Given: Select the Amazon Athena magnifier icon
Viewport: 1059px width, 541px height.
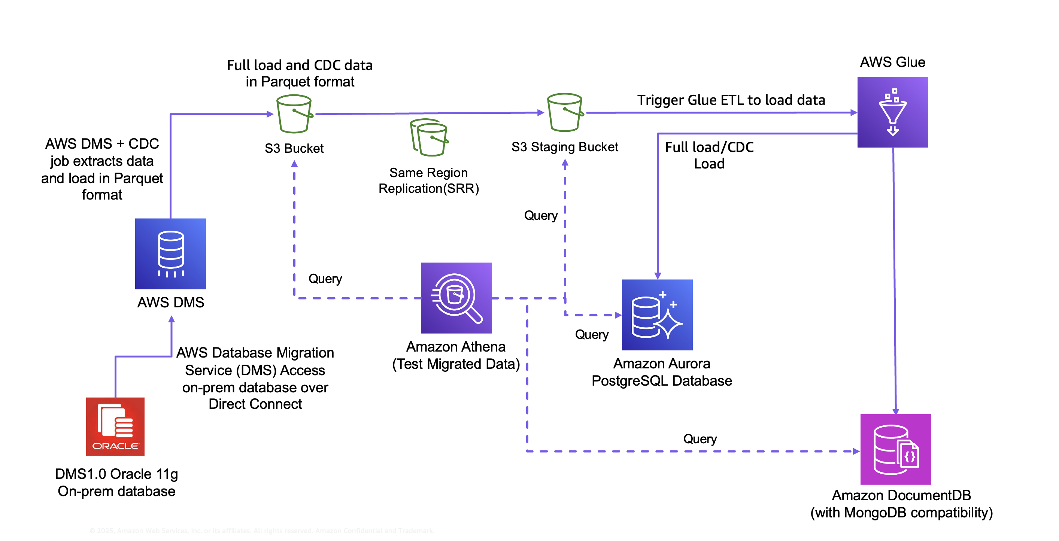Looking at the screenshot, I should [456, 298].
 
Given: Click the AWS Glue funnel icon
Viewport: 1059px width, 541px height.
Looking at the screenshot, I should [892, 112].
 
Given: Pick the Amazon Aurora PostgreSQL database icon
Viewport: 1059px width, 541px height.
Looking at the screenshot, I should [657, 314].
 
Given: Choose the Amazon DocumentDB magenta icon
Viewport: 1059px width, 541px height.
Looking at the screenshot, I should [895, 449].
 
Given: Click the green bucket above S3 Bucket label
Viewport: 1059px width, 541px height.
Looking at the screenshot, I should [294, 114].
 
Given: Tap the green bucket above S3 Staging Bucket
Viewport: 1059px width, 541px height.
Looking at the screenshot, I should [565, 112].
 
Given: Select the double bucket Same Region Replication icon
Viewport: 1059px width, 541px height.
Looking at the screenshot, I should [429, 137].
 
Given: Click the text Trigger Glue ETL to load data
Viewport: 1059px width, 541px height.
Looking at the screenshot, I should [731, 100].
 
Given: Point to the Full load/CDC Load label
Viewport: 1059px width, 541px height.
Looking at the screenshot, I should [709, 155].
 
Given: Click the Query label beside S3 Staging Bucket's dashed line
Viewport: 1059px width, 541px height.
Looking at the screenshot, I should [541, 215].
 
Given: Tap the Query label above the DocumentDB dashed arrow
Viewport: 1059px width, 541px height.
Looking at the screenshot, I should [700, 439].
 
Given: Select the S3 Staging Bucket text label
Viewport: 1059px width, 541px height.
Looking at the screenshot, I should [564, 147].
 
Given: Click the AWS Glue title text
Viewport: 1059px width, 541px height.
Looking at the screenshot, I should [892, 62].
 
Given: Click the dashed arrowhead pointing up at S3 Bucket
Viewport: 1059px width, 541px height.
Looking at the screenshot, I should [294, 164].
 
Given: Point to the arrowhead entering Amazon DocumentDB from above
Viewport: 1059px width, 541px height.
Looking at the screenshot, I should [895, 411].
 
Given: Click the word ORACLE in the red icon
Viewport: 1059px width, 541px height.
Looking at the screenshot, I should [115, 446].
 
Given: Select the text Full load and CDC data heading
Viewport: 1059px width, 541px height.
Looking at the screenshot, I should [300, 65].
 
